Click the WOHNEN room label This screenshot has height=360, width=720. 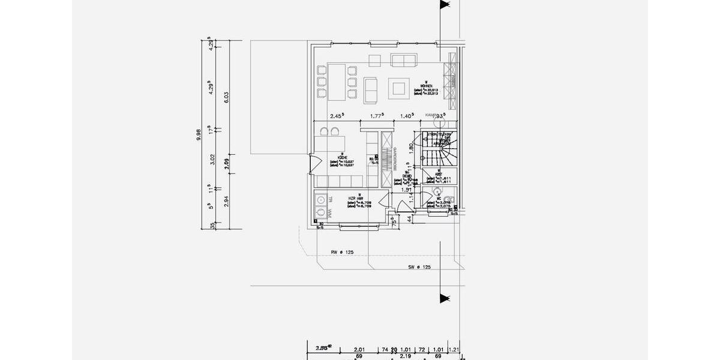point(425,86)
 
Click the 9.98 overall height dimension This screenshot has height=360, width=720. point(199,136)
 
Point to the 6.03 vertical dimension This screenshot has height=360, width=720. point(226,98)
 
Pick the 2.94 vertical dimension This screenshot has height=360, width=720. point(226,201)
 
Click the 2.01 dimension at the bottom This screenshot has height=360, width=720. point(359,349)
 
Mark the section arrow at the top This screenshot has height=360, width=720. point(445,5)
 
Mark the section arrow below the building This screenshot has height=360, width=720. point(445,298)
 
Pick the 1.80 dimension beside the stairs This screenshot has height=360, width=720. point(411,146)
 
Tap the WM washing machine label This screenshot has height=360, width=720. point(328,214)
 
